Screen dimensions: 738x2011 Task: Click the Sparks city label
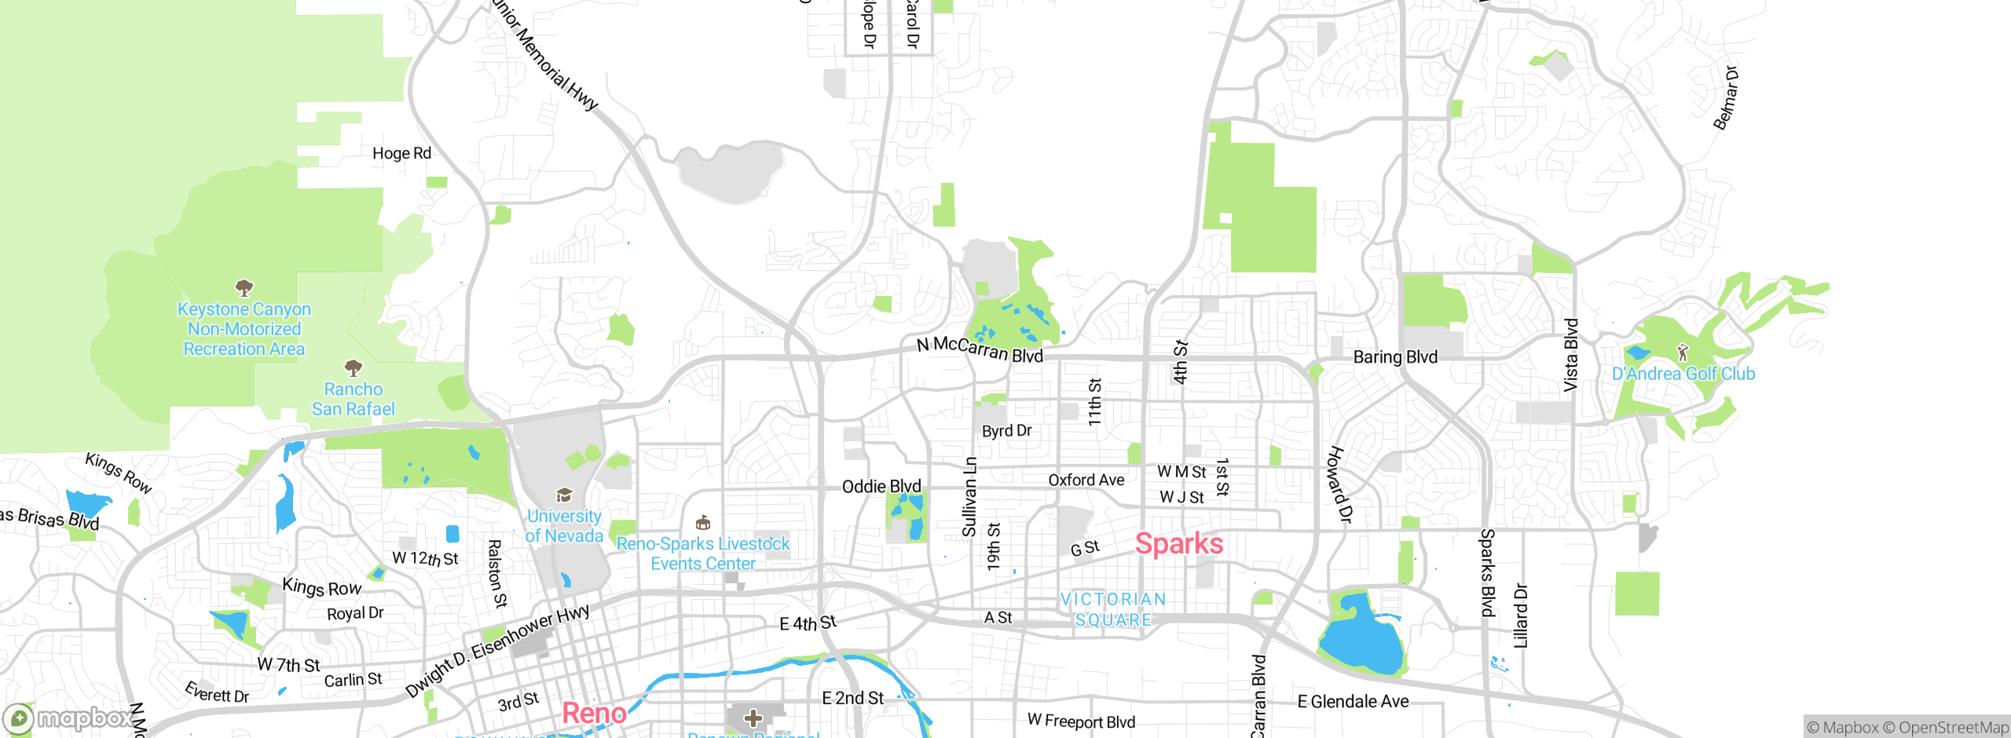1179,544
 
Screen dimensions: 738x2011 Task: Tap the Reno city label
594,714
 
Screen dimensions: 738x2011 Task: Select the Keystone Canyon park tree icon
244,287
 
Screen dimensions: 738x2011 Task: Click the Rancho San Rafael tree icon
353,367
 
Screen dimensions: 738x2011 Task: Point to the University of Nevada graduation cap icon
564,495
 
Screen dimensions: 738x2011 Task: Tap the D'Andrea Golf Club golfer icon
1682,353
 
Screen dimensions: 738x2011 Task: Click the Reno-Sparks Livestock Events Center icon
703,523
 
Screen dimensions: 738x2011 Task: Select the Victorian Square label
1113,610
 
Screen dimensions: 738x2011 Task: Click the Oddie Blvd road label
881,487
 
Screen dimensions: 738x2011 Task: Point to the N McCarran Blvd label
980,349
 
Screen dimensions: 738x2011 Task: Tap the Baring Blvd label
1395,357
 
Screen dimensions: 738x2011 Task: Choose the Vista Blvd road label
1570,355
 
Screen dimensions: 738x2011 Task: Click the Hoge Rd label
401,153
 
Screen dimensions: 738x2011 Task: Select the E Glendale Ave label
1353,701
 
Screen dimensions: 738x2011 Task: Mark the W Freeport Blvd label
1081,721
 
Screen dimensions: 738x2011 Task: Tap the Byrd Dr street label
1006,431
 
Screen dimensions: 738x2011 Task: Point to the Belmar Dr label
1725,98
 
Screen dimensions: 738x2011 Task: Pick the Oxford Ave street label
1086,480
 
